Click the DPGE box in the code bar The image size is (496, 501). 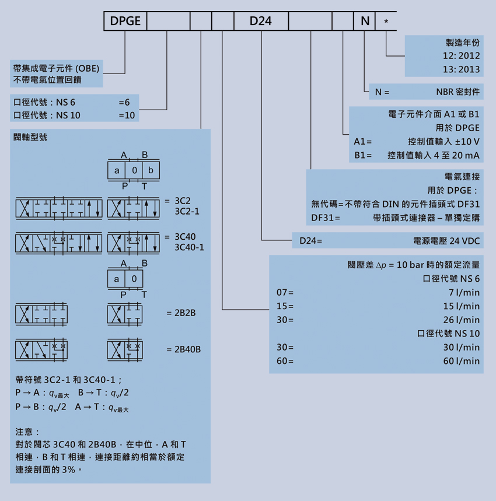coord(125,22)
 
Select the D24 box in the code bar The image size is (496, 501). coord(261,22)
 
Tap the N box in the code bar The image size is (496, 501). coord(365,22)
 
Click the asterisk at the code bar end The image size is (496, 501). coord(386,22)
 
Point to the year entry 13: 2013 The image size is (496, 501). coord(461,69)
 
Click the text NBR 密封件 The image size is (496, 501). coord(457,92)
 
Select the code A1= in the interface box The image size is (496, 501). coord(362,142)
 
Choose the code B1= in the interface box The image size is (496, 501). coord(362,155)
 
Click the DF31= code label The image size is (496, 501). coord(326,218)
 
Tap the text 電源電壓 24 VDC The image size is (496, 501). coord(446,240)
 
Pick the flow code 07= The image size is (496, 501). coord(285,292)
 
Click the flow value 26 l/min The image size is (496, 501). coord(461,320)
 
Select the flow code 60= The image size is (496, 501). coord(285,361)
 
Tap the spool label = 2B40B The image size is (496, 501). coord(183,349)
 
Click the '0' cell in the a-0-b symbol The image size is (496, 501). coord(134,170)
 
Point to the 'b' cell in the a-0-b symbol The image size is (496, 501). coord(151,170)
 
